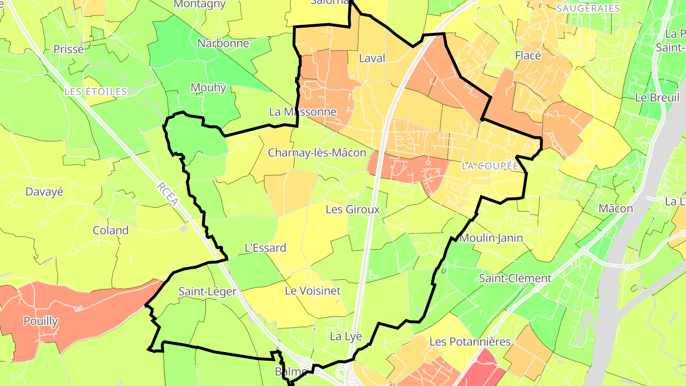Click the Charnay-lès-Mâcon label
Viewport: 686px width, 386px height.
click(317, 153)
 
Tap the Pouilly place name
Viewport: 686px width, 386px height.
click(41, 321)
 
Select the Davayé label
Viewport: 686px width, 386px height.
click(44, 192)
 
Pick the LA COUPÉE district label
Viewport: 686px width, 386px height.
click(490, 166)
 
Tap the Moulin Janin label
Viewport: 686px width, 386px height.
click(492, 238)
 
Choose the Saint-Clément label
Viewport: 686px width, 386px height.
click(515, 278)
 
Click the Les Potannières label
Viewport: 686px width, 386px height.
click(470, 342)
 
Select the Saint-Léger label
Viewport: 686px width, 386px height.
click(207, 291)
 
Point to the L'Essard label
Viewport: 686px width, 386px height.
click(265, 248)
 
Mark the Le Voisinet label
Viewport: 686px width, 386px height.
click(313, 291)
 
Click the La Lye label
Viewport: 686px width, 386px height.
click(346, 336)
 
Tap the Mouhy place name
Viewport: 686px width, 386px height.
click(208, 88)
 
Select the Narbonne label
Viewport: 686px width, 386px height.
click(223, 43)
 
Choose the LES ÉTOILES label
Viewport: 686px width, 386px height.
click(96, 91)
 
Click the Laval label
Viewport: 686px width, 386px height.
click(372, 58)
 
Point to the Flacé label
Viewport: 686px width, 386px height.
click(528, 56)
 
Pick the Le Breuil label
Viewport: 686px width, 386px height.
click(657, 97)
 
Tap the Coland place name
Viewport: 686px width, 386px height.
click(111, 231)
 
